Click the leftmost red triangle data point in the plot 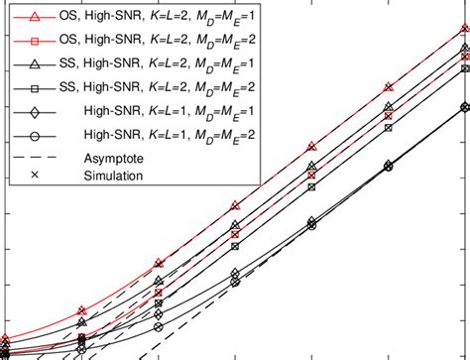[x=5, y=340]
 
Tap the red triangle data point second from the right [x=388, y=88]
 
